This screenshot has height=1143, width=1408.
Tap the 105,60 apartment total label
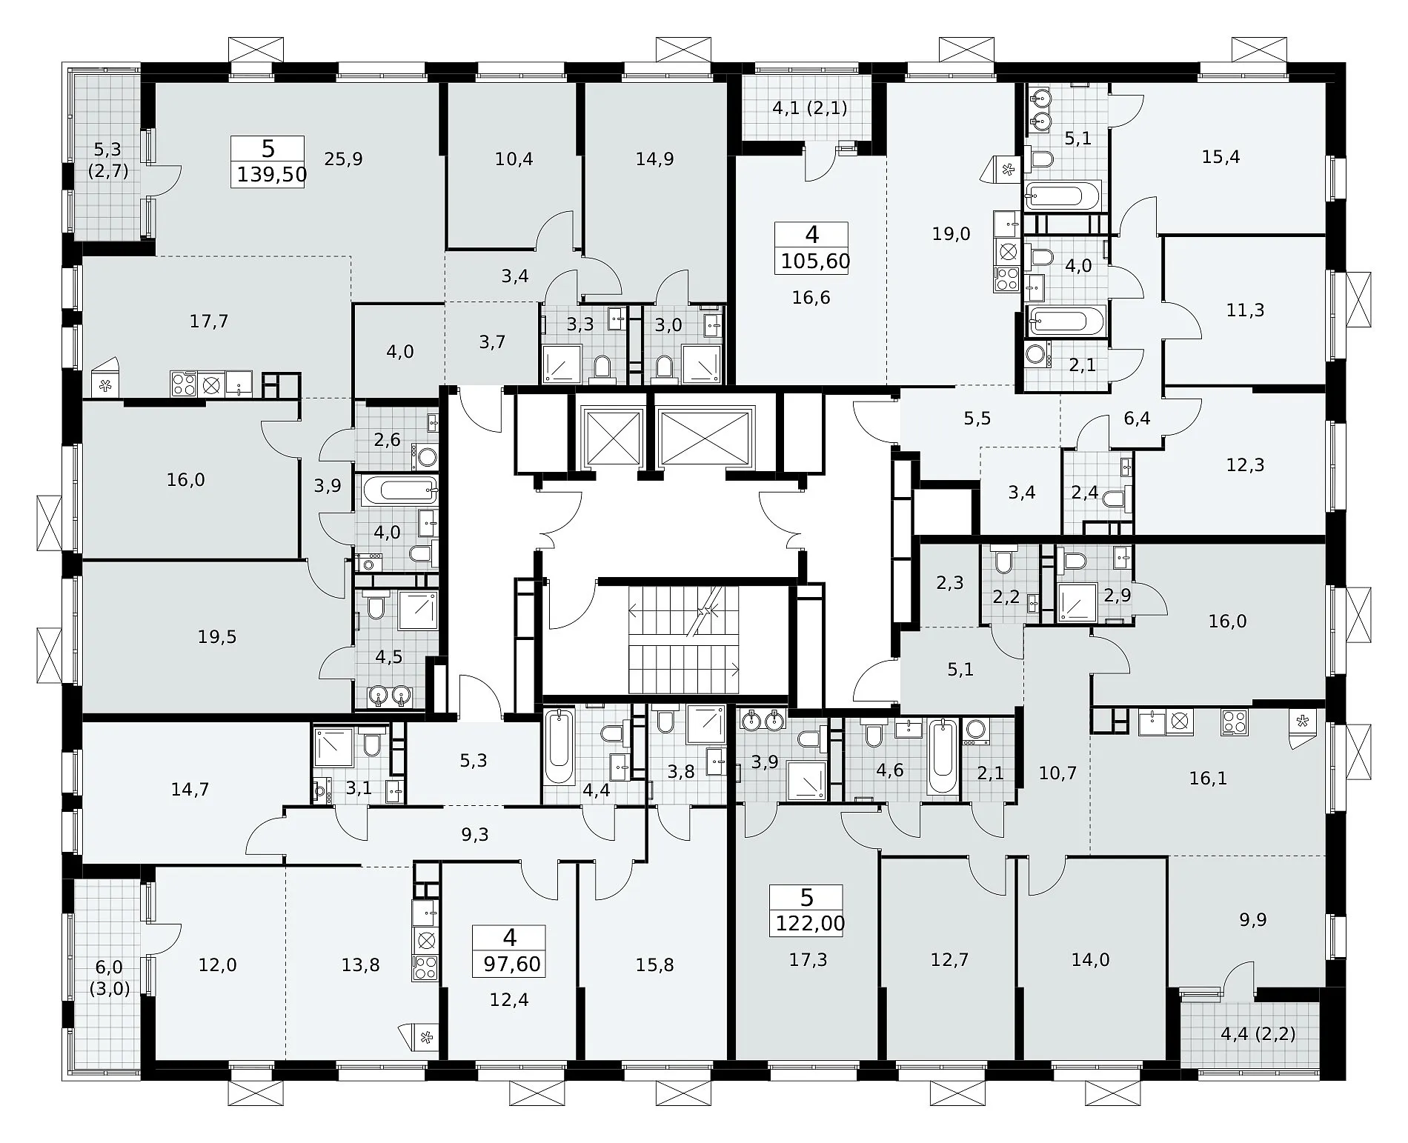(815, 261)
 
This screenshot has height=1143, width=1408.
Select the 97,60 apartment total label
(511, 964)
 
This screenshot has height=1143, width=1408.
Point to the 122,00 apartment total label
(810, 924)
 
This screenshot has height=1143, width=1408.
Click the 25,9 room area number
(344, 159)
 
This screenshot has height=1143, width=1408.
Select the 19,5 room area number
(217, 636)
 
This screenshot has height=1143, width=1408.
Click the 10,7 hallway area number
(1057, 773)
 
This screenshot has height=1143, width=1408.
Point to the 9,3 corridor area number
(475, 835)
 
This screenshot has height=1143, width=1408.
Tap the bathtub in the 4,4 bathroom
(559, 747)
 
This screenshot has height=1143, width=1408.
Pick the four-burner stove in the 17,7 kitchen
(183, 384)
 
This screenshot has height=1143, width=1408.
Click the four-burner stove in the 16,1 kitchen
(1235, 722)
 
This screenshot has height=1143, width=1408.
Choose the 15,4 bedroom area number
(1221, 157)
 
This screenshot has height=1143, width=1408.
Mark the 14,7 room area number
(190, 790)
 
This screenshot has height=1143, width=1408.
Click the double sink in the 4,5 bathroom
(390, 696)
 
